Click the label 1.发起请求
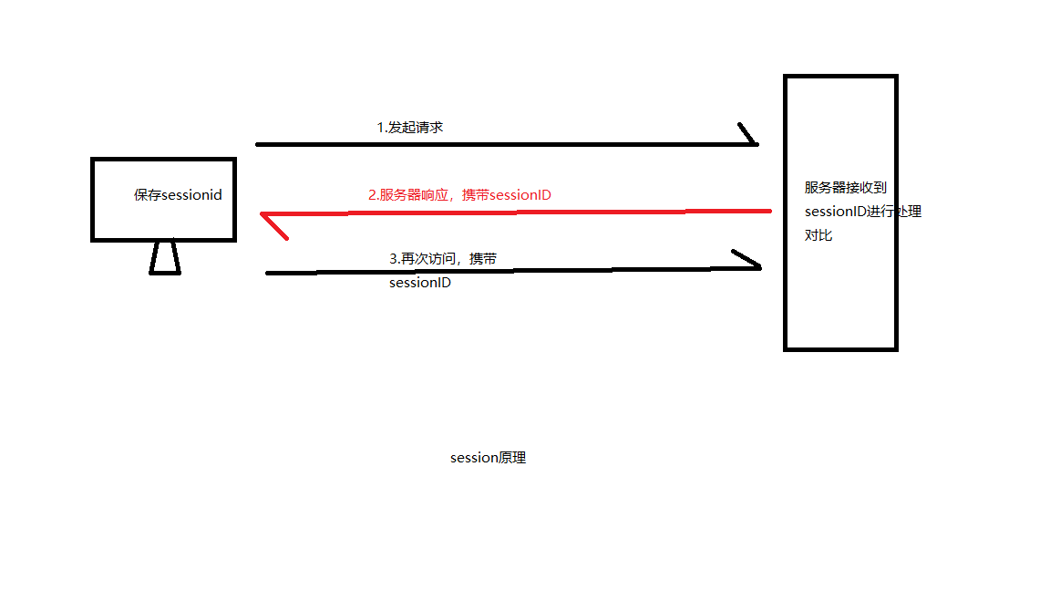point(410,128)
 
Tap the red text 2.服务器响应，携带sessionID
point(459,194)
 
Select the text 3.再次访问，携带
point(443,259)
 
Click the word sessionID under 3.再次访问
point(420,283)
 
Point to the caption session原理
point(488,458)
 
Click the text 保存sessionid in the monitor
point(178,195)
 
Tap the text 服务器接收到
point(845,188)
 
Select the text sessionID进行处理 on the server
point(863,212)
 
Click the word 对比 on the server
point(818,235)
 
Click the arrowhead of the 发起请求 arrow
point(750,135)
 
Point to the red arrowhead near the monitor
point(272,223)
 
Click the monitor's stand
point(165,258)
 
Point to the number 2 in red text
point(372,194)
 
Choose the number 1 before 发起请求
point(380,128)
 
